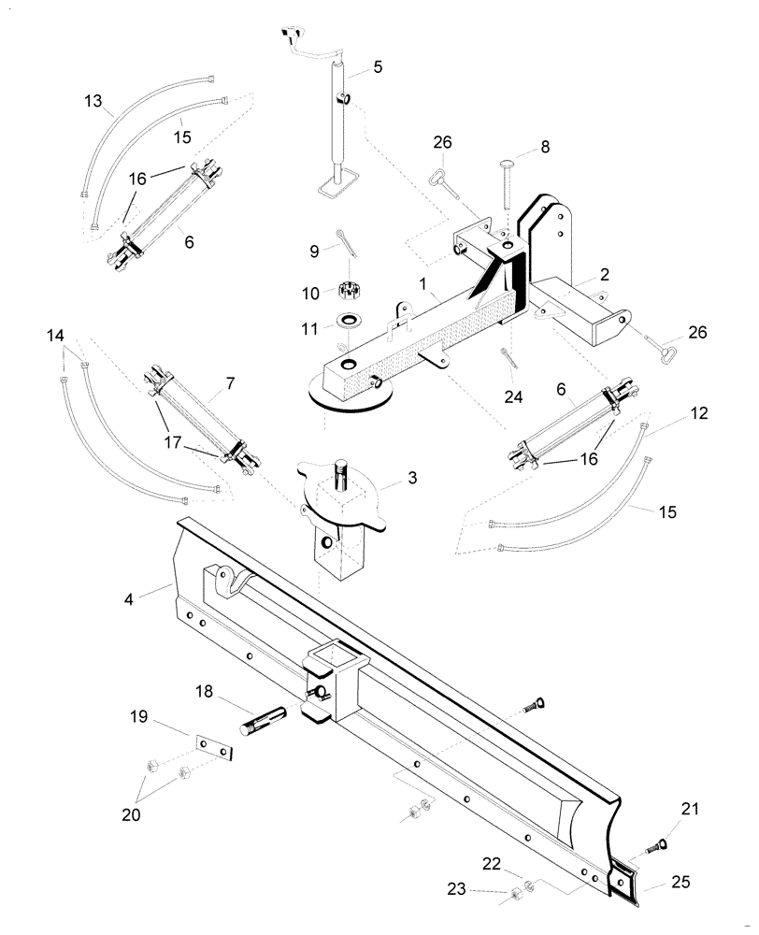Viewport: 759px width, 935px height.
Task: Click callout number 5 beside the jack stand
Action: (x=378, y=66)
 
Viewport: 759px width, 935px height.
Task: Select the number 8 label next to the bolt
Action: (x=546, y=148)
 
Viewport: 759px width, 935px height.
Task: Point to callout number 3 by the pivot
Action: (x=412, y=478)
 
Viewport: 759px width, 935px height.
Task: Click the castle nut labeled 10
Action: (x=348, y=291)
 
